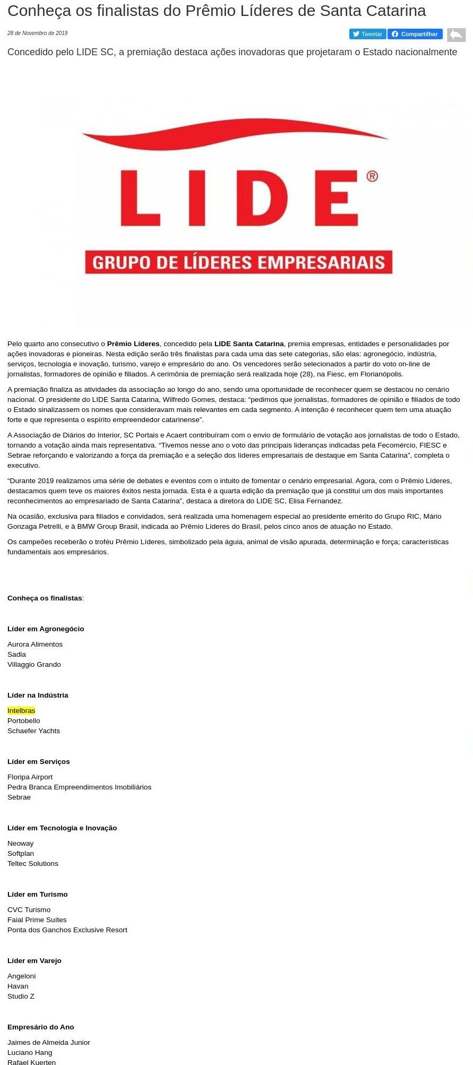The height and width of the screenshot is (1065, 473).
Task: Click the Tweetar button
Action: point(367,34)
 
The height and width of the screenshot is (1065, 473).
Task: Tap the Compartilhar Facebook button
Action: point(415,34)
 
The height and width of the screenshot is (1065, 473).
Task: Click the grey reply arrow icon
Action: point(456,35)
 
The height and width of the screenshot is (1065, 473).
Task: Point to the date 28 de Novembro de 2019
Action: point(38,33)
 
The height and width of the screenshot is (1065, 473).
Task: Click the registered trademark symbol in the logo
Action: point(372,176)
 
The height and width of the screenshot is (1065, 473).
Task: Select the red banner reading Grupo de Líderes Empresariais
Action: point(238,262)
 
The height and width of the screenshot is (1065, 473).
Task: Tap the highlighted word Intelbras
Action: point(21,710)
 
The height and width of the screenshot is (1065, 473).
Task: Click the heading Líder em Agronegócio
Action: point(46,629)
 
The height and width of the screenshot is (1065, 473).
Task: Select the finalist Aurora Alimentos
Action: point(35,644)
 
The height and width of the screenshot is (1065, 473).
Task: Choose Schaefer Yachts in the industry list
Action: point(33,731)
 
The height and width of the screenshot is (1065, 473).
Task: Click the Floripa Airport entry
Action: point(30,777)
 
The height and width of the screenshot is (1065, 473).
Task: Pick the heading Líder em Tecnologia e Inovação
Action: point(62,828)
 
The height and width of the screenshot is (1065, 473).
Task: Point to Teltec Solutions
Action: point(33,863)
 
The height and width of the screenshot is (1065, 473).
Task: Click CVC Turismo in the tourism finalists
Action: point(29,909)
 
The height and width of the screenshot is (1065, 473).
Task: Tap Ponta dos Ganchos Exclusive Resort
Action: point(67,930)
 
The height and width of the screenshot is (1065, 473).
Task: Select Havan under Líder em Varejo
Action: point(18,986)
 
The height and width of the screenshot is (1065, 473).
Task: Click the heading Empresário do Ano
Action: point(41,1027)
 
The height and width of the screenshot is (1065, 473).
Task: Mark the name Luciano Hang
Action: point(30,1052)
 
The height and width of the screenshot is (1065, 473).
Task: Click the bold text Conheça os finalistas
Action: point(45,598)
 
